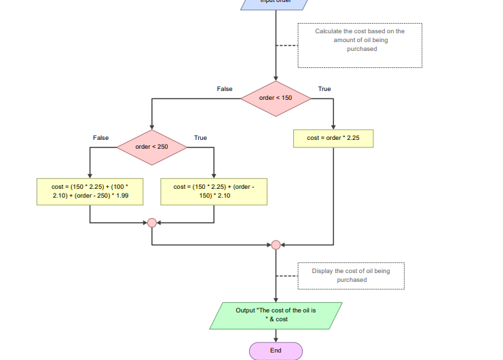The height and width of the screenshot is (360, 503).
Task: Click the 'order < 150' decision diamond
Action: [276, 98]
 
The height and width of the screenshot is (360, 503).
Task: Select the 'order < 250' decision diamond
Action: [151, 146]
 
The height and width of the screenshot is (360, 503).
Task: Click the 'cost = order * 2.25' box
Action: [333, 138]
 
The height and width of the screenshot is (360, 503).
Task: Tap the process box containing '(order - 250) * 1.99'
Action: [90, 191]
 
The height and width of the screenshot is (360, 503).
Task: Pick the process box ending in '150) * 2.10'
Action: [214, 191]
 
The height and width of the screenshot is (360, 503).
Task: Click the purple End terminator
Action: [276, 350]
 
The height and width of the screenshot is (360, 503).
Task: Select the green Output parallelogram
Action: [276, 314]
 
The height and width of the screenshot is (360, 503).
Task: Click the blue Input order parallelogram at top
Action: [276, 3]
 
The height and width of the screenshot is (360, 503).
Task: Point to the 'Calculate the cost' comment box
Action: [360, 45]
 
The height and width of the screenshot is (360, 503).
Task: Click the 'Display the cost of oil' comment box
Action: [351, 276]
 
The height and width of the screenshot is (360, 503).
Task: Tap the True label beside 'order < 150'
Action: [324, 89]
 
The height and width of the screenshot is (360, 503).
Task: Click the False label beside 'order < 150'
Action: [224, 89]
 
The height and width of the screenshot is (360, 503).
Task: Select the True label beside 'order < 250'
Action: [200, 138]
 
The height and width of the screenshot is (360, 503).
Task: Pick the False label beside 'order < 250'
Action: [100, 138]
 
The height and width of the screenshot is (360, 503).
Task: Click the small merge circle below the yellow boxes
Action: [151, 222]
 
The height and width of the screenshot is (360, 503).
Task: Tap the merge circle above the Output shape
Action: [276, 245]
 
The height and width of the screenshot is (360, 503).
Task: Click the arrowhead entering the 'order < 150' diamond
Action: [276, 78]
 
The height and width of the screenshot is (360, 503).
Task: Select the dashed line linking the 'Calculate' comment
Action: [287, 46]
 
